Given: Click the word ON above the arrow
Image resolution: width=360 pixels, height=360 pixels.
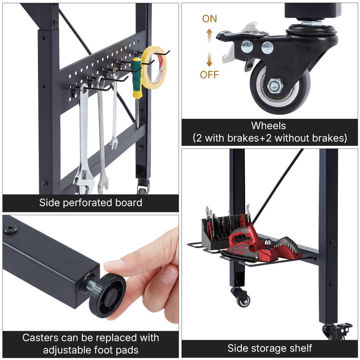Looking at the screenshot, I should tap(209, 19).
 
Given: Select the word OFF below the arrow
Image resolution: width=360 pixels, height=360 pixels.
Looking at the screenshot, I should tap(209, 75).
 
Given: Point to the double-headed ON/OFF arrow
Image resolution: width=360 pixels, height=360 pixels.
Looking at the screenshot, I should tap(209, 47).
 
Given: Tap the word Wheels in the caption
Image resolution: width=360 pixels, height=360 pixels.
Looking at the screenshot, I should tap(269, 126).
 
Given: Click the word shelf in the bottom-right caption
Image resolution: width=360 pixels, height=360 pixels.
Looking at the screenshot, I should tap(300, 348).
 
